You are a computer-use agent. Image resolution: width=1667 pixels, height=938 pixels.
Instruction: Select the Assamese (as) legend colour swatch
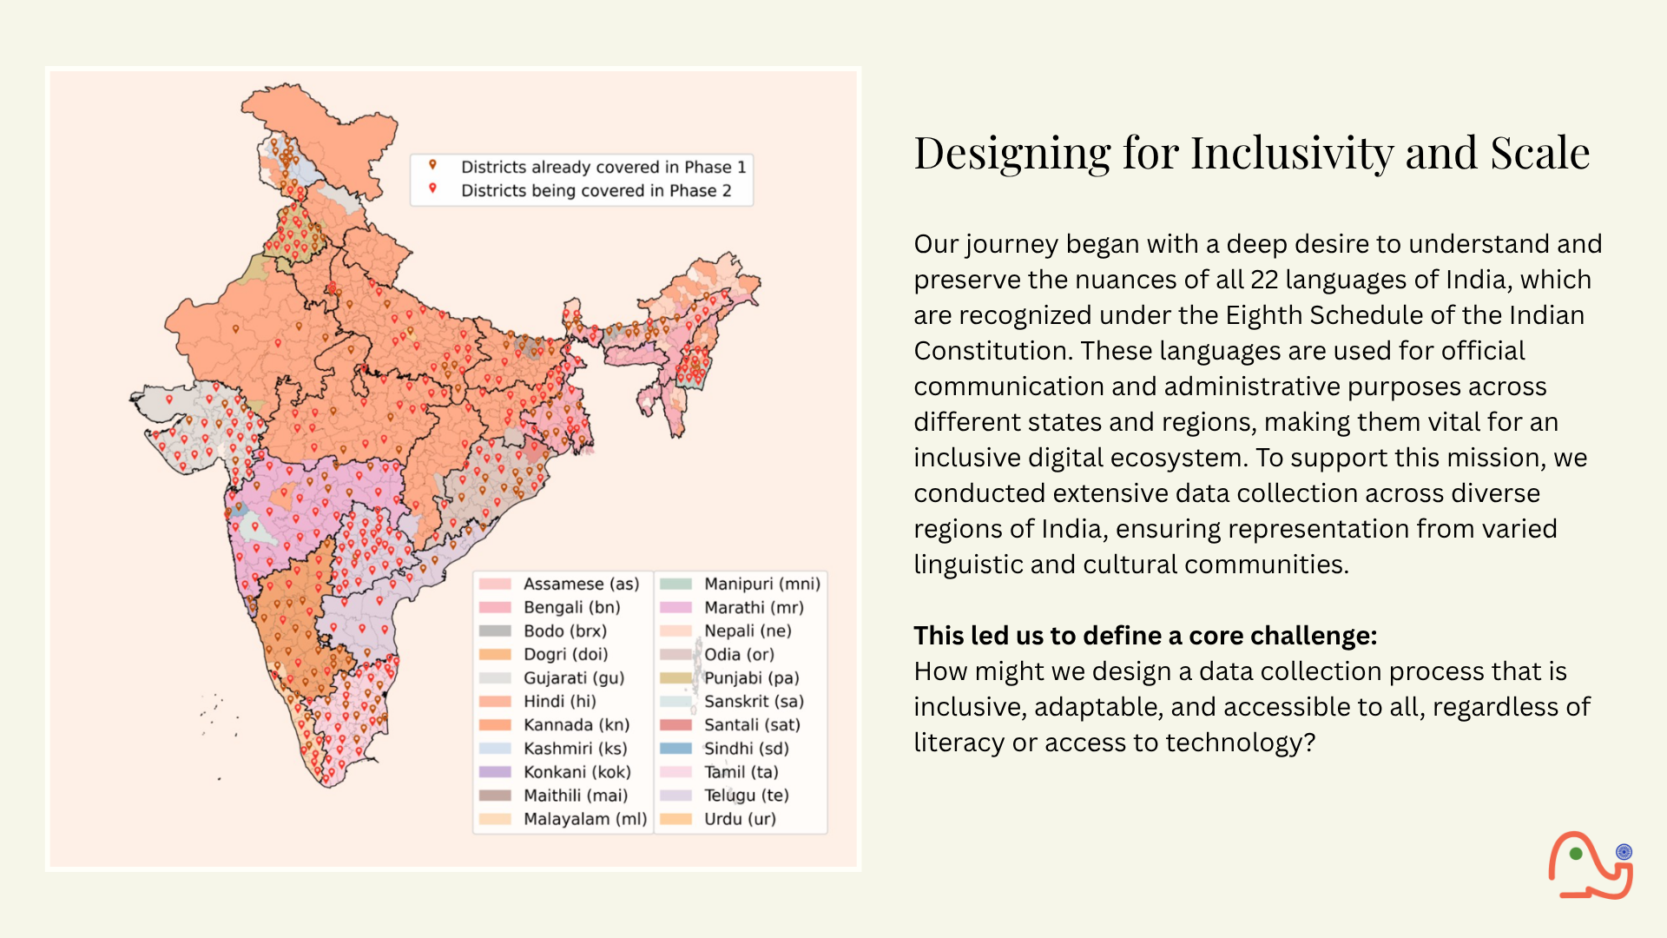(495, 585)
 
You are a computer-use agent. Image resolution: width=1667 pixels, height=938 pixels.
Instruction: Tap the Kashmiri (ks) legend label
(575, 749)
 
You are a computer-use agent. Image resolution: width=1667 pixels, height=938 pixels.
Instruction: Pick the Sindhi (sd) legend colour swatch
(675, 749)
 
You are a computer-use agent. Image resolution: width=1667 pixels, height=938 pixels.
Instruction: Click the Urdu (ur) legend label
(740, 819)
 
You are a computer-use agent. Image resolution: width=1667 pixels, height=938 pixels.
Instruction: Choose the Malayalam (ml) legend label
(585, 819)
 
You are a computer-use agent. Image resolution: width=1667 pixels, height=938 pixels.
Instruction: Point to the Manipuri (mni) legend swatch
(675, 585)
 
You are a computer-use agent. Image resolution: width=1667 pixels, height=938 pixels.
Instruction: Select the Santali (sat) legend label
(752, 725)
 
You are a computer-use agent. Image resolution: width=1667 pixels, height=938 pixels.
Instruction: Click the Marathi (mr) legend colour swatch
(675, 608)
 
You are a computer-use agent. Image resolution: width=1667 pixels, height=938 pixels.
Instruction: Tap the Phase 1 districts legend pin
(432, 165)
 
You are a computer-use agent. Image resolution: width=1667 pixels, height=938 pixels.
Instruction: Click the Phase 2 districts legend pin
(432, 188)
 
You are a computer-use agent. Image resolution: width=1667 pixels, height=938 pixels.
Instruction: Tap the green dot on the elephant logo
(1576, 854)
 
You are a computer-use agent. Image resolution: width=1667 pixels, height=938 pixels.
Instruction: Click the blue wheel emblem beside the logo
(1624, 852)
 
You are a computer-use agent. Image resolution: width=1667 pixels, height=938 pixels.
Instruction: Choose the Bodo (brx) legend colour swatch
(495, 631)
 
